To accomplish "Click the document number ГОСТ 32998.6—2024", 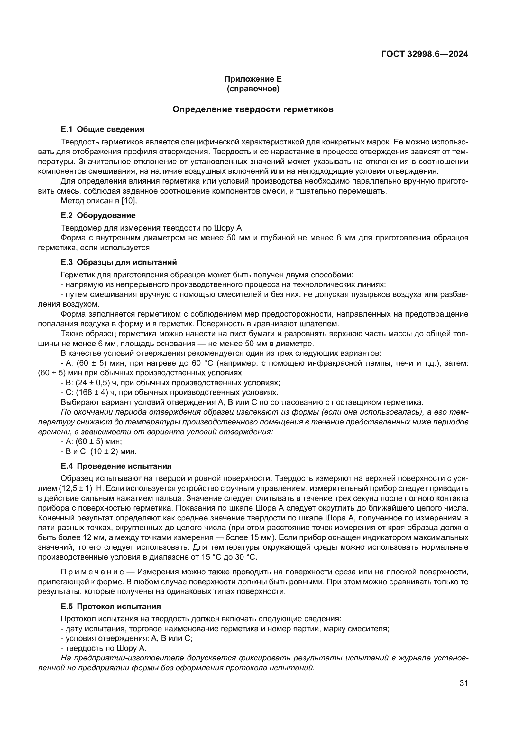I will pos(425,54).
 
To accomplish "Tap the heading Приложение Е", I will pos(253,79).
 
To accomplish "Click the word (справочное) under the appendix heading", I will pos(253,89).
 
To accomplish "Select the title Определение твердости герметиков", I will pos(253,109).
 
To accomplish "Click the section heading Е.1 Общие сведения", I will pos(103,129).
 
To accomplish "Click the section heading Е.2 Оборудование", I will pos(98,215).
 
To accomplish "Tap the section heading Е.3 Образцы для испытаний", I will pos(119,262).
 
